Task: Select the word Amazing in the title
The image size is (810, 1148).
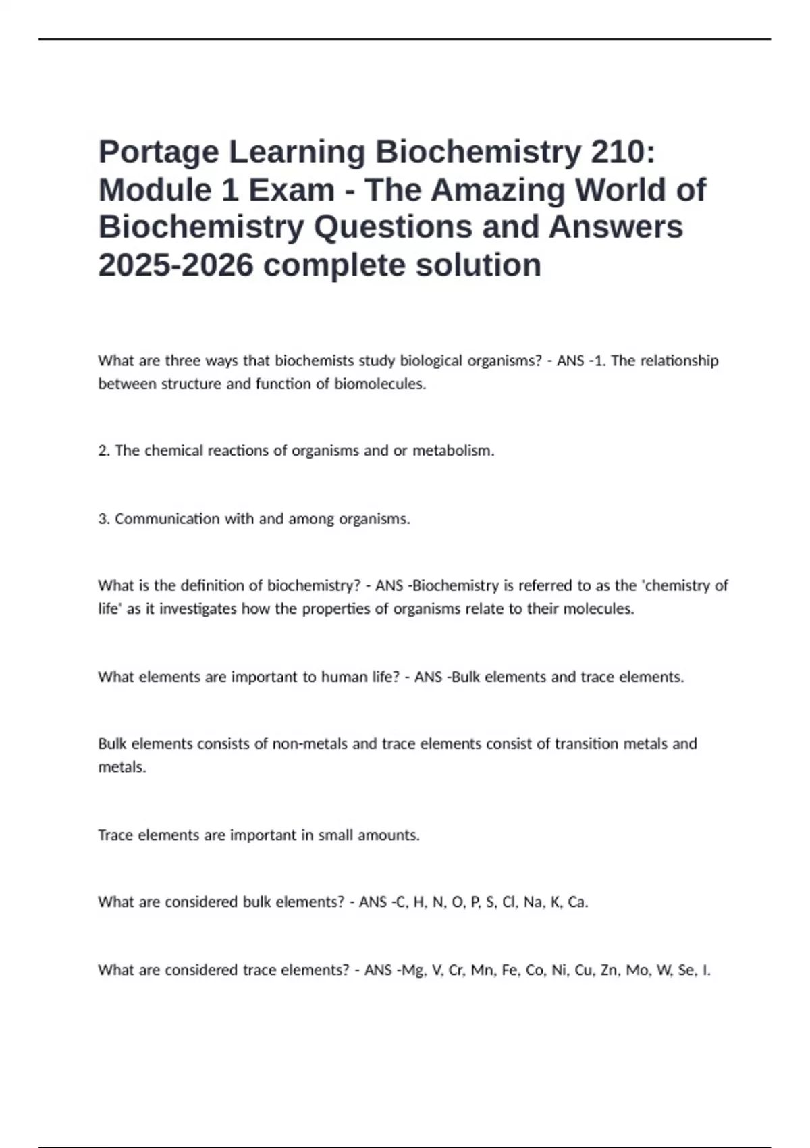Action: click(x=497, y=190)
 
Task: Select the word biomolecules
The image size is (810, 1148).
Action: click(x=380, y=384)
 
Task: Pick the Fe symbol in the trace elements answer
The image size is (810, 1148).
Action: click(x=510, y=970)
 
